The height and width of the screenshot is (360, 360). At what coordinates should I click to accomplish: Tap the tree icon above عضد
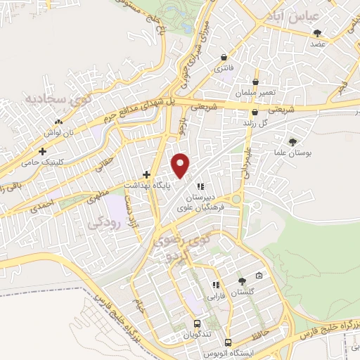[319, 33]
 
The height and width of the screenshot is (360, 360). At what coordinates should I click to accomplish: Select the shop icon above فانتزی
[224, 58]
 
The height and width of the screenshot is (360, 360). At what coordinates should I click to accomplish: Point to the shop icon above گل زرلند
[254, 112]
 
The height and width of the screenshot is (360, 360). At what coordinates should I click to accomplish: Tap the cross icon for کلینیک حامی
[43, 151]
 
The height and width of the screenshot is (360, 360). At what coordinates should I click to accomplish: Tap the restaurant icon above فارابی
[217, 285]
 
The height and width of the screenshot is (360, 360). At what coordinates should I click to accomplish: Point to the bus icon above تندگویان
[198, 324]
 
